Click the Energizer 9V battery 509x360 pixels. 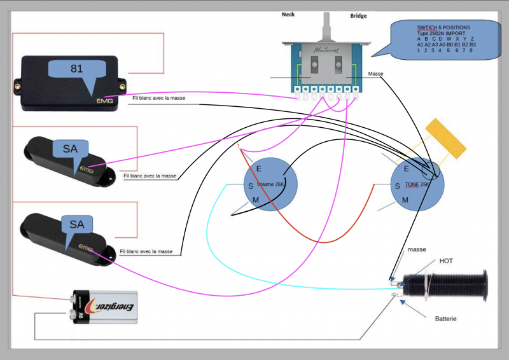(105, 307)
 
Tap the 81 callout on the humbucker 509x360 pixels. (77, 69)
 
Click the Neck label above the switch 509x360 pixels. (288, 14)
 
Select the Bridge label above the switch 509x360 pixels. (358, 16)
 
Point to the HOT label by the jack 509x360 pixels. (446, 261)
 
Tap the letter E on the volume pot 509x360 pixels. (259, 168)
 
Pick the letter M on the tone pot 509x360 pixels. (405, 200)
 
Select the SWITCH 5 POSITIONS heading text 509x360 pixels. (444, 28)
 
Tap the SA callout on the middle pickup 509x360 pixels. (70, 149)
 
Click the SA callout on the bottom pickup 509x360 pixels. (77, 224)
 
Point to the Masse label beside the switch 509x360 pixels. (375, 74)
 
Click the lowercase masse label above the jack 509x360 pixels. (417, 249)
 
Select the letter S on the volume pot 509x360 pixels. (251, 185)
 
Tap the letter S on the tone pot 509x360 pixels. (398, 186)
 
